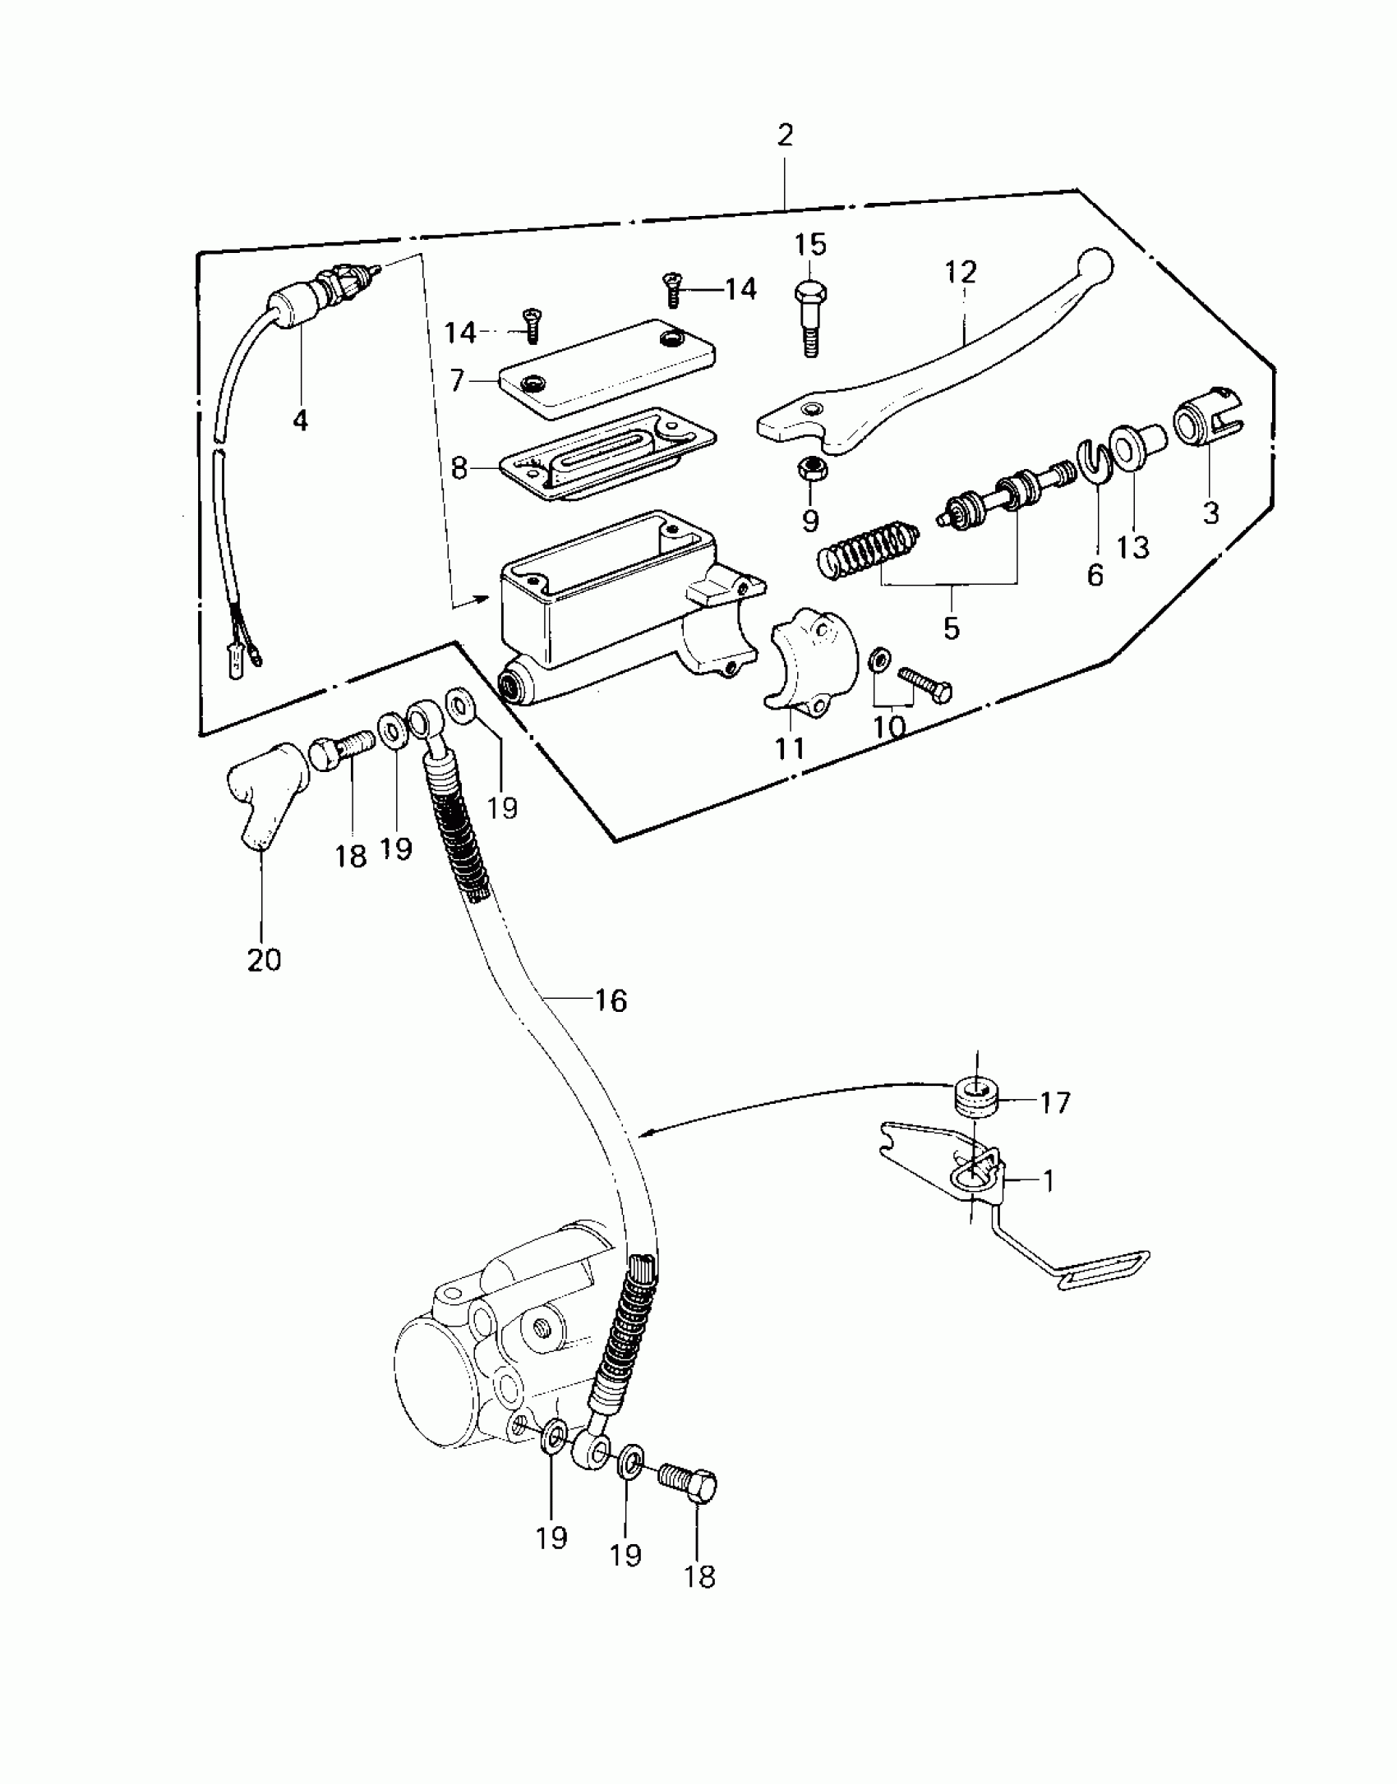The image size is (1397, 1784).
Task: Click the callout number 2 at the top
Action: (785, 136)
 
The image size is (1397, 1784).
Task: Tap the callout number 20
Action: (264, 959)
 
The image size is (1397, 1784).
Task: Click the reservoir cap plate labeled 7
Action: (606, 367)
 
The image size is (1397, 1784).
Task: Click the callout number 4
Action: (301, 421)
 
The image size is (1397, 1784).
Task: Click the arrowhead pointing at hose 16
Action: (646, 1134)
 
